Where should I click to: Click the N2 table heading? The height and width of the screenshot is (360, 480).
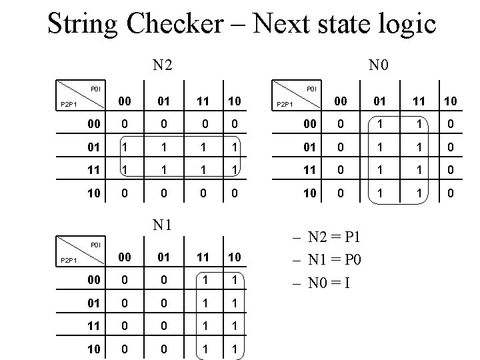162,65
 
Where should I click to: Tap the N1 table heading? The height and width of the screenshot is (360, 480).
162,225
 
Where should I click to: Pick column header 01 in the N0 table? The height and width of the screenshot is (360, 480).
380,101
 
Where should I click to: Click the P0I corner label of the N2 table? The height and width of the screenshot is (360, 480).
95,88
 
